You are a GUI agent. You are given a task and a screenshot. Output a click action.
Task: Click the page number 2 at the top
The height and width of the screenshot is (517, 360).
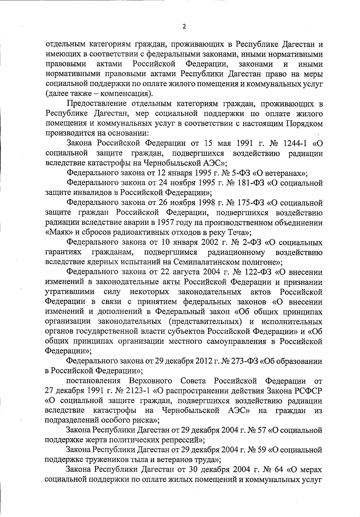pyautogui.click(x=184, y=26)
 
